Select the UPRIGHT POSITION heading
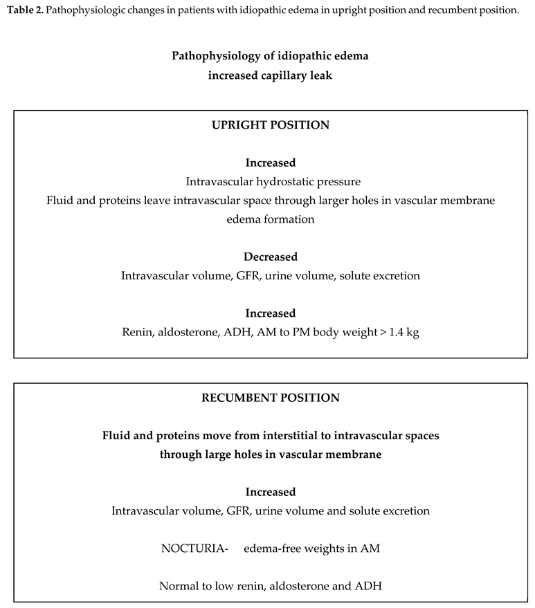(x=270, y=125)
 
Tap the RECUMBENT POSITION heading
(x=270, y=398)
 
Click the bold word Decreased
(x=270, y=257)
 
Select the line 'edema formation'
(x=270, y=219)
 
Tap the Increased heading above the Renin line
(x=270, y=313)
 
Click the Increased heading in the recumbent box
(x=270, y=492)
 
